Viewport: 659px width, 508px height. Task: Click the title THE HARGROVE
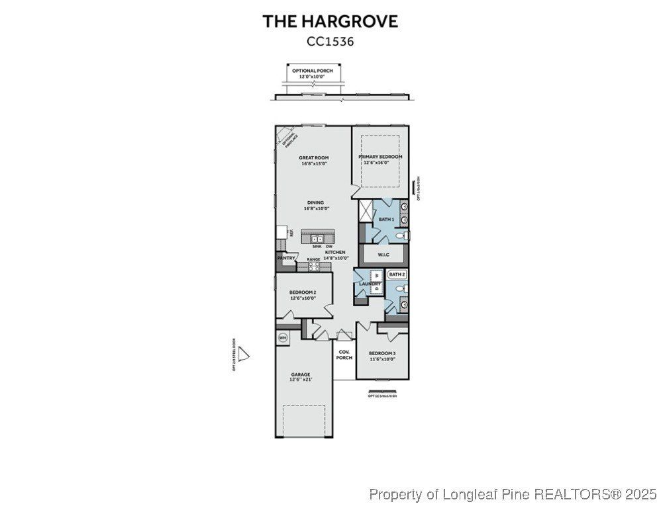pyautogui.click(x=330, y=21)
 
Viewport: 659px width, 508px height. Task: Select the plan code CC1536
pyautogui.click(x=330, y=41)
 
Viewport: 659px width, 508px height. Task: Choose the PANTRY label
pyautogui.click(x=286, y=258)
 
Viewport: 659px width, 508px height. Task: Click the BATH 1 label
pyautogui.click(x=386, y=219)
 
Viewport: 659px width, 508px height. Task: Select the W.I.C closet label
pyautogui.click(x=383, y=255)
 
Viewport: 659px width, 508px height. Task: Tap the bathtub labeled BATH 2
pyautogui.click(x=397, y=274)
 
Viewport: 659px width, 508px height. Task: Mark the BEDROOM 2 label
pyautogui.click(x=303, y=295)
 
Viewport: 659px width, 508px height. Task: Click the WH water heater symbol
pyautogui.click(x=283, y=337)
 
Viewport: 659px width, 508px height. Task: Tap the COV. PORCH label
pyautogui.click(x=344, y=355)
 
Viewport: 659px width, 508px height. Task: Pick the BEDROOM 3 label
pyautogui.click(x=382, y=356)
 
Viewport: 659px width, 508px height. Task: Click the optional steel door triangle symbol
pyautogui.click(x=244, y=355)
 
